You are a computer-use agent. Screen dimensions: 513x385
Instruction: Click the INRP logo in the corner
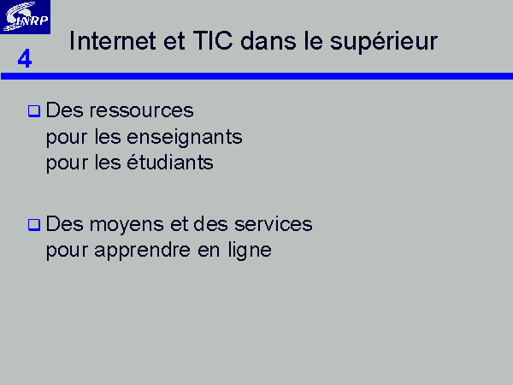click(25, 17)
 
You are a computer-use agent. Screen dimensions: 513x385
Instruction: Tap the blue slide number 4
click(25, 58)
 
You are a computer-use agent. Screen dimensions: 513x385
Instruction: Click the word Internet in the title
click(112, 41)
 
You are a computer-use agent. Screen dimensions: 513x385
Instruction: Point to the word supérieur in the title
click(383, 42)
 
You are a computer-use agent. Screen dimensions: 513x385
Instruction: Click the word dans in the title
click(268, 41)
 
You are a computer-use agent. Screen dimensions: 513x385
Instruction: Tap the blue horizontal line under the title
click(256, 76)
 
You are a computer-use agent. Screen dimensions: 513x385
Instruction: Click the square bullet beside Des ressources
click(34, 111)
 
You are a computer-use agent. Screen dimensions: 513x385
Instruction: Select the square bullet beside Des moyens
click(34, 225)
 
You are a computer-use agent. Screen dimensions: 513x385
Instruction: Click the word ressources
click(141, 110)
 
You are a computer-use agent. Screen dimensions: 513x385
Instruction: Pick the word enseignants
click(185, 137)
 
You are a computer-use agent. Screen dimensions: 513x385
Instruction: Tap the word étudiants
click(170, 163)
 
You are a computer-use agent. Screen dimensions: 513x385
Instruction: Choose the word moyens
click(127, 225)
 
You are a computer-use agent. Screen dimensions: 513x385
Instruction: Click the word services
click(274, 224)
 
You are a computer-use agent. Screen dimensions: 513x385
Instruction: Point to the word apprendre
click(142, 251)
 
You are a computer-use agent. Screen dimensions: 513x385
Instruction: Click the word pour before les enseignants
click(67, 139)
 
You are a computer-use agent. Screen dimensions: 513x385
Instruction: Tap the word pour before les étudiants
click(67, 164)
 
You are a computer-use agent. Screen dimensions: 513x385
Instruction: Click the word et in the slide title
click(174, 42)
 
